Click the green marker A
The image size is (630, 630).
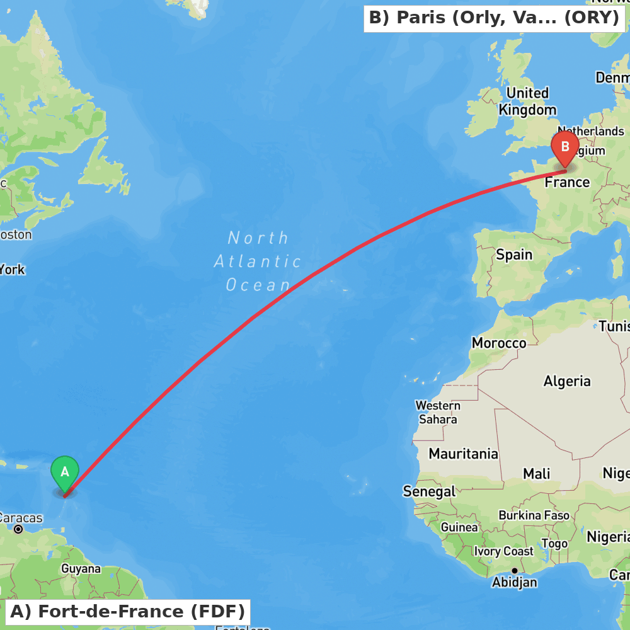tap(64, 472)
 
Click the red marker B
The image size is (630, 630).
tap(564, 147)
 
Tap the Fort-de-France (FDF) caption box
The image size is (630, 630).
tap(127, 612)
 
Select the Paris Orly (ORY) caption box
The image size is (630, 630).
tap(494, 18)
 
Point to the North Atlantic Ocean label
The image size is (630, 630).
tap(258, 261)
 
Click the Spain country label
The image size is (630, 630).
tap(514, 255)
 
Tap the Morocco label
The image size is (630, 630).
tap(499, 343)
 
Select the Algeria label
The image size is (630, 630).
tap(567, 381)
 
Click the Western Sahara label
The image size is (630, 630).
tap(437, 412)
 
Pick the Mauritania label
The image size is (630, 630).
tap(463, 454)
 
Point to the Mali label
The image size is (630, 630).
tap(536, 474)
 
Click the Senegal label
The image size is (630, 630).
tap(429, 491)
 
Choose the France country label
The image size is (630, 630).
tap(567, 183)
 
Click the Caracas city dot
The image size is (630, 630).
tap(18, 529)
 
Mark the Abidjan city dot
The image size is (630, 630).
tap(514, 571)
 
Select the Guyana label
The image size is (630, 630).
tap(81, 569)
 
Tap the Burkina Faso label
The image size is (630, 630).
tap(534, 515)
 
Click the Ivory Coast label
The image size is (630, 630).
tap(504, 551)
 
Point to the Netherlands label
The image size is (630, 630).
tap(590, 132)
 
